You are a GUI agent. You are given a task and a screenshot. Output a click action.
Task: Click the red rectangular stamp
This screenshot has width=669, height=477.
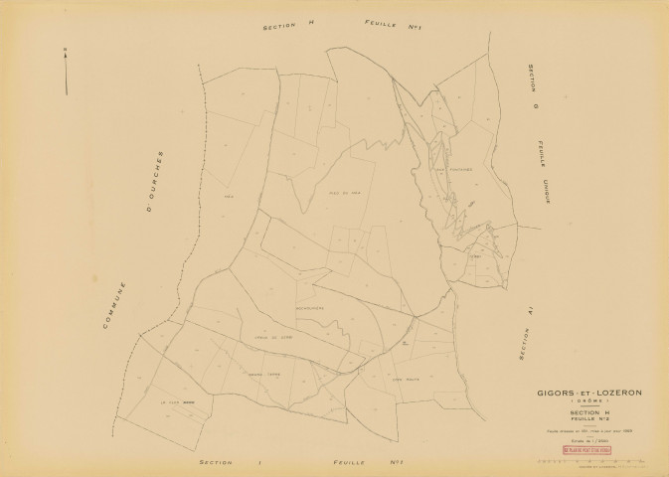(x=587, y=450)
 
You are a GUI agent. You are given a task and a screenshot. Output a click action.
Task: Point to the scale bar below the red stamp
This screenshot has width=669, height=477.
(x=586, y=462)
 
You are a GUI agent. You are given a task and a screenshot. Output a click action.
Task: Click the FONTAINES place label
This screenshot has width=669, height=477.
(x=454, y=169)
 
